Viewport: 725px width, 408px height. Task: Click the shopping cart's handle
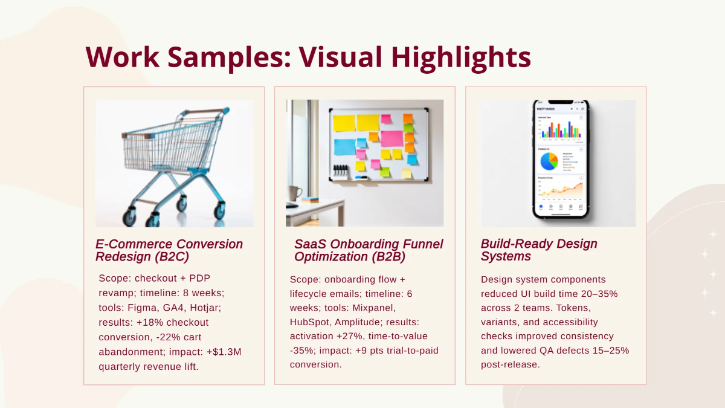click(x=205, y=112)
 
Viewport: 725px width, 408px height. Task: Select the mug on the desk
click(x=295, y=193)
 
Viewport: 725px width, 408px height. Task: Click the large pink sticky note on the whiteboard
click(x=391, y=138)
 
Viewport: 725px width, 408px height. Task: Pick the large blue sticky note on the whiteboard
click(x=345, y=147)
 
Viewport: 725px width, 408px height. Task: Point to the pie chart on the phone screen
click(x=549, y=161)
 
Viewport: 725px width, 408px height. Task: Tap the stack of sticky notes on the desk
click(x=310, y=199)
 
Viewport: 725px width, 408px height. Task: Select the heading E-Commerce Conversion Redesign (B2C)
click(x=169, y=250)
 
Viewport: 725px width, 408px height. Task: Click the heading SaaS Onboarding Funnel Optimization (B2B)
click(x=369, y=250)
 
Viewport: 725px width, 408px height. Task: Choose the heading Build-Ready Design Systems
click(x=530, y=250)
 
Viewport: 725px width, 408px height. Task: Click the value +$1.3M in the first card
click(x=225, y=351)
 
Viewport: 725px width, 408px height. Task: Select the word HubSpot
click(x=310, y=322)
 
